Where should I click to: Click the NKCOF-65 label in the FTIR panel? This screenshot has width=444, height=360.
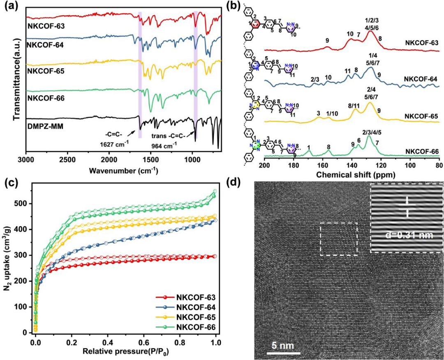pos(45,70)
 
